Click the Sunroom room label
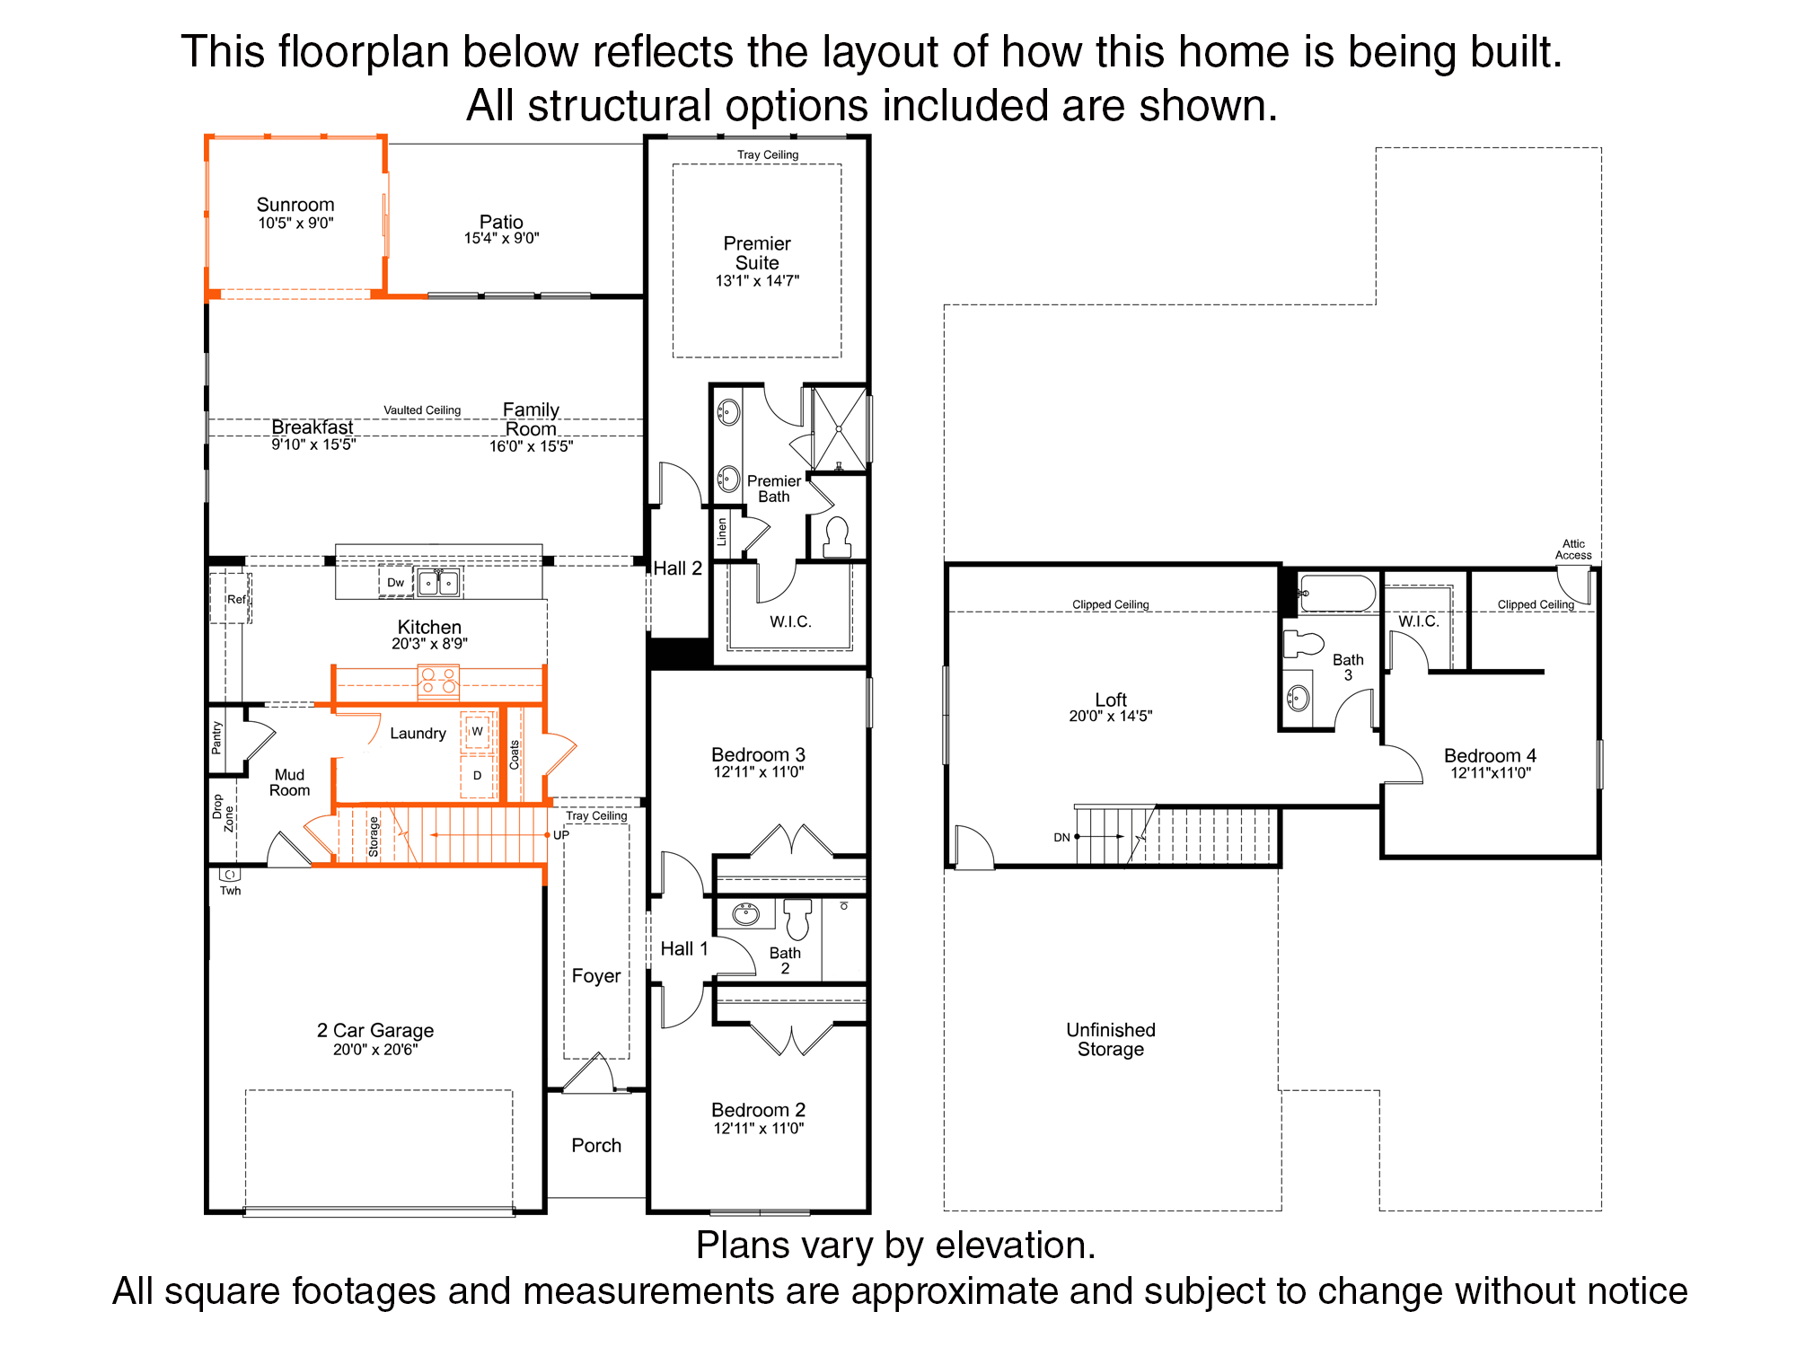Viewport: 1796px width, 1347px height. pyautogui.click(x=295, y=205)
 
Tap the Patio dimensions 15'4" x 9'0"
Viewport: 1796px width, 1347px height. pyautogui.click(x=501, y=238)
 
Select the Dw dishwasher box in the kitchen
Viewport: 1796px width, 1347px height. pyautogui.click(x=396, y=582)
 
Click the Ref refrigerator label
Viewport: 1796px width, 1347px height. pyautogui.click(x=236, y=599)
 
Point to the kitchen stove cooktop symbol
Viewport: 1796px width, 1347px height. pyautogui.click(x=438, y=682)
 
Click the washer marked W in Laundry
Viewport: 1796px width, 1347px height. pyautogui.click(x=477, y=731)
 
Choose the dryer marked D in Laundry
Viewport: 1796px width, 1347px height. pyautogui.click(x=477, y=776)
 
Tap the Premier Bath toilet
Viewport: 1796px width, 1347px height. pyautogui.click(x=838, y=537)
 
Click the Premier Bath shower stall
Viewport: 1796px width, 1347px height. pyautogui.click(x=839, y=428)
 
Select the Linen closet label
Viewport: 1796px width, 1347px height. pyautogui.click(x=721, y=532)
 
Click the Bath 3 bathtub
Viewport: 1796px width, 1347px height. pyautogui.click(x=1337, y=594)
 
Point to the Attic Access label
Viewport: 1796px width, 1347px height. pyautogui.click(x=1573, y=550)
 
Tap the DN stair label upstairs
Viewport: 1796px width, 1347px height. pyautogui.click(x=1061, y=837)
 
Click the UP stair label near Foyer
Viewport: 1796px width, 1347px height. pyautogui.click(x=561, y=835)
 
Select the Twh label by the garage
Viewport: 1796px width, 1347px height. pyautogui.click(x=231, y=891)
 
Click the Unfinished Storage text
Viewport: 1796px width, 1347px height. pyautogui.click(x=1111, y=1040)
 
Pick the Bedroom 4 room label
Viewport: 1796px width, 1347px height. pyautogui.click(x=1490, y=755)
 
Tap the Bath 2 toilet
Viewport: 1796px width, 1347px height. pyautogui.click(x=797, y=918)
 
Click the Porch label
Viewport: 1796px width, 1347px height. pyautogui.click(x=596, y=1145)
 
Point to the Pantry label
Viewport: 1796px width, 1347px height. pyautogui.click(x=216, y=736)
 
